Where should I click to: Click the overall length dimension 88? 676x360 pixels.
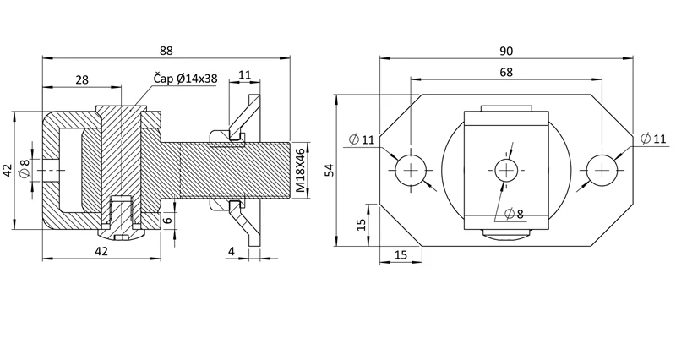coord(164,50)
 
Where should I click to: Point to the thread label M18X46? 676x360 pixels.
coord(299,171)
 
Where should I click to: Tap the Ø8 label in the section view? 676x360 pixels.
coord(25,169)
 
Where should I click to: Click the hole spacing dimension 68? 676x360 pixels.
coord(505,73)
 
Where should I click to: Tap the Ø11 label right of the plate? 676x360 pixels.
coord(654,139)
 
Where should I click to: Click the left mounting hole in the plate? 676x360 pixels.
coord(410,171)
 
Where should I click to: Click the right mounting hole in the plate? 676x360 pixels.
coord(602,171)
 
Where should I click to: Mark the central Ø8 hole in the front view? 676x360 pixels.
coord(505,171)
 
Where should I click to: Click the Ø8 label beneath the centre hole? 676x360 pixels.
coord(513,213)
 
